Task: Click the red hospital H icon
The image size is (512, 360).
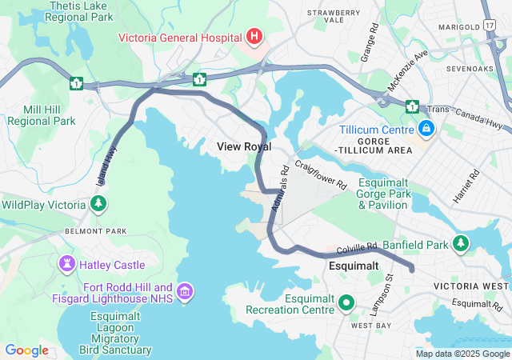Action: click(x=254, y=36)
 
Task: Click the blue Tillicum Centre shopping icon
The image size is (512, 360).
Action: click(x=426, y=128)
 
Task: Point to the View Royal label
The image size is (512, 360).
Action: click(x=244, y=147)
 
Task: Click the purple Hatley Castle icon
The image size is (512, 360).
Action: click(x=66, y=264)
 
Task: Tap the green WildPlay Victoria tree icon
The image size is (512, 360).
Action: click(x=98, y=205)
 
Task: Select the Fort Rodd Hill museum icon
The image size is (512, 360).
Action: click(x=186, y=294)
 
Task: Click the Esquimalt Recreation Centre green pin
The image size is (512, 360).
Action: click(x=346, y=303)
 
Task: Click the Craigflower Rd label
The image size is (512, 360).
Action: click(x=320, y=174)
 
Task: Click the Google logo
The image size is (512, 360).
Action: click(x=26, y=350)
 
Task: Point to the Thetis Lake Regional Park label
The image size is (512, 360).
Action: click(x=80, y=10)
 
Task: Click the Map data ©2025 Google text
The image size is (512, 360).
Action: click(x=462, y=354)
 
